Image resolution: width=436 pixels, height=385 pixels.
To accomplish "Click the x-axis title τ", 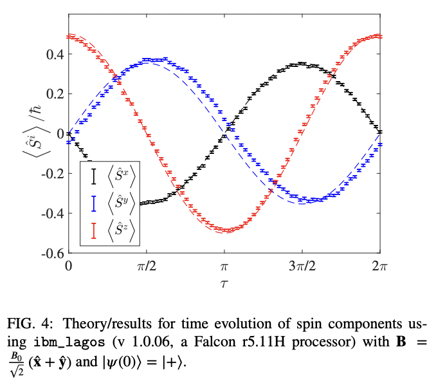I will [x=224, y=283].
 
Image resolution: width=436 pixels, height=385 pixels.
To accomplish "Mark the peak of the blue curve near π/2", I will [x=154, y=60].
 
